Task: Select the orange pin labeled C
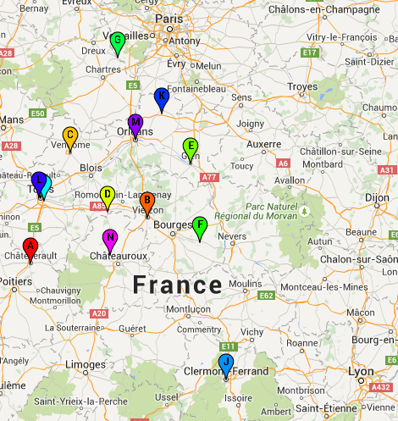[x=70, y=136]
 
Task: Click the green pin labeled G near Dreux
[x=118, y=41]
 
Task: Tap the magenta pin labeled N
[x=109, y=238]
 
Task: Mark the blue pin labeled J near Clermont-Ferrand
[x=226, y=363]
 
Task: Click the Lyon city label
[x=360, y=372]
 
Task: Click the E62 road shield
[x=266, y=296]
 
